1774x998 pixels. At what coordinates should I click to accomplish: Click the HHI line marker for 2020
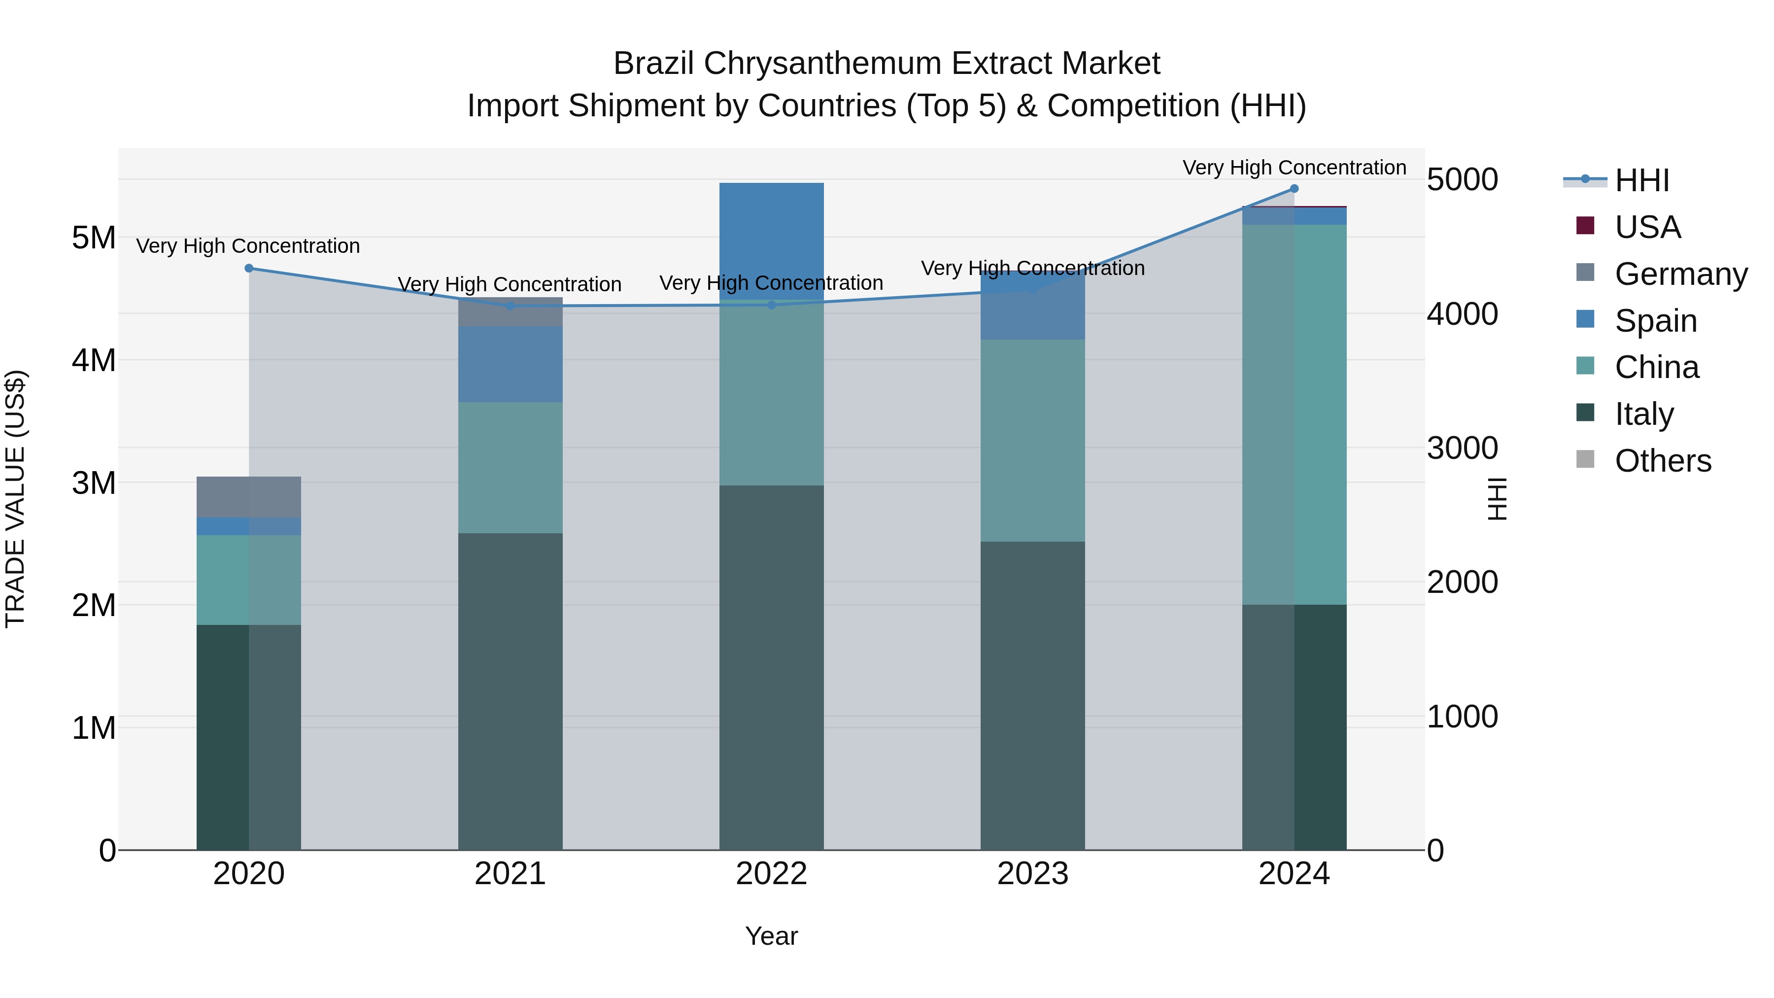[249, 269]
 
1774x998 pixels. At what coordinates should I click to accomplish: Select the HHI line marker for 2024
[1294, 189]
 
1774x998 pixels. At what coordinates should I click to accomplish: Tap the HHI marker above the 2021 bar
[511, 306]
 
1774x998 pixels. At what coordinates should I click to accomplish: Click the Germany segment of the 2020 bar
[249, 497]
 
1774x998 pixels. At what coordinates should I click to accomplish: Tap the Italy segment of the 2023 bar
[1032, 695]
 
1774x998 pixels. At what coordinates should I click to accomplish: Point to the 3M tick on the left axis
[94, 483]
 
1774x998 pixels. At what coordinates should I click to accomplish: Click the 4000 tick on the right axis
[1462, 314]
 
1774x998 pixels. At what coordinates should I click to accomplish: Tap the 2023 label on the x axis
[1032, 874]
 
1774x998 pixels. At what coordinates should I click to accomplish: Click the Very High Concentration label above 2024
[1294, 168]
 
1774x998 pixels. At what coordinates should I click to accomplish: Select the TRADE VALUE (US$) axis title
[15, 499]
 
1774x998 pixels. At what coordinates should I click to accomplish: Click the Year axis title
[771, 936]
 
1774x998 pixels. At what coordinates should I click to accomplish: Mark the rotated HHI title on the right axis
[1497, 499]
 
